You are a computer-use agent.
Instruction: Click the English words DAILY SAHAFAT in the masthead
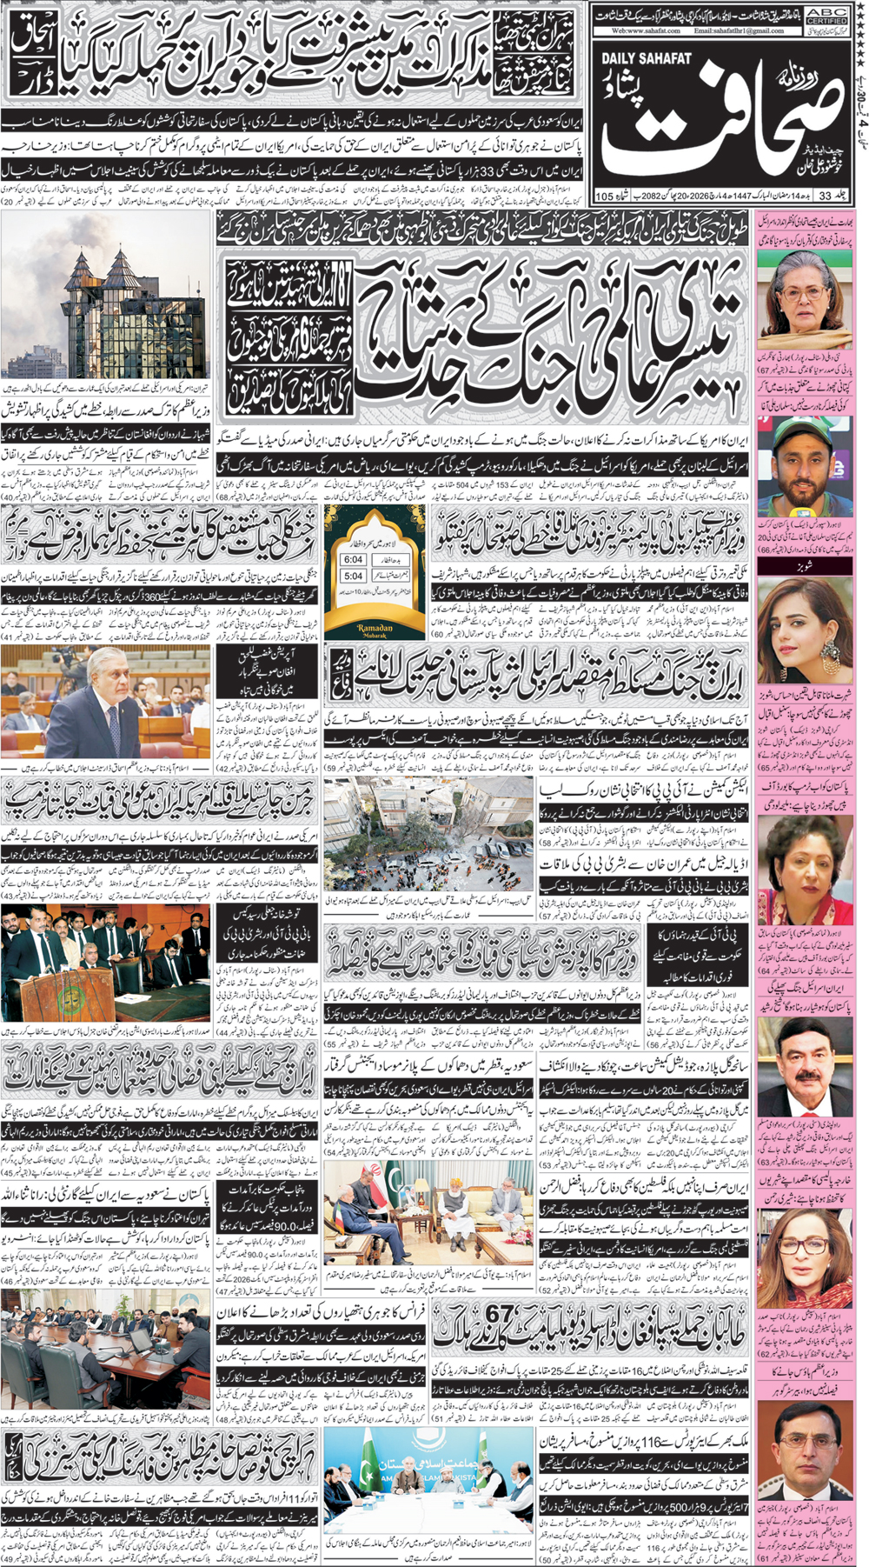[x=646, y=57]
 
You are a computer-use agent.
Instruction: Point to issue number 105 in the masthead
[x=605, y=197]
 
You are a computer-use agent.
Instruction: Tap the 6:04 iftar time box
[x=353, y=560]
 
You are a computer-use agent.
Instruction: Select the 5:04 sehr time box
[x=353, y=576]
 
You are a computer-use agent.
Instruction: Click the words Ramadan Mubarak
[x=375, y=630]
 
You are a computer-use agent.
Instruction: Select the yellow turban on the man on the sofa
[x=451, y=1175]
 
